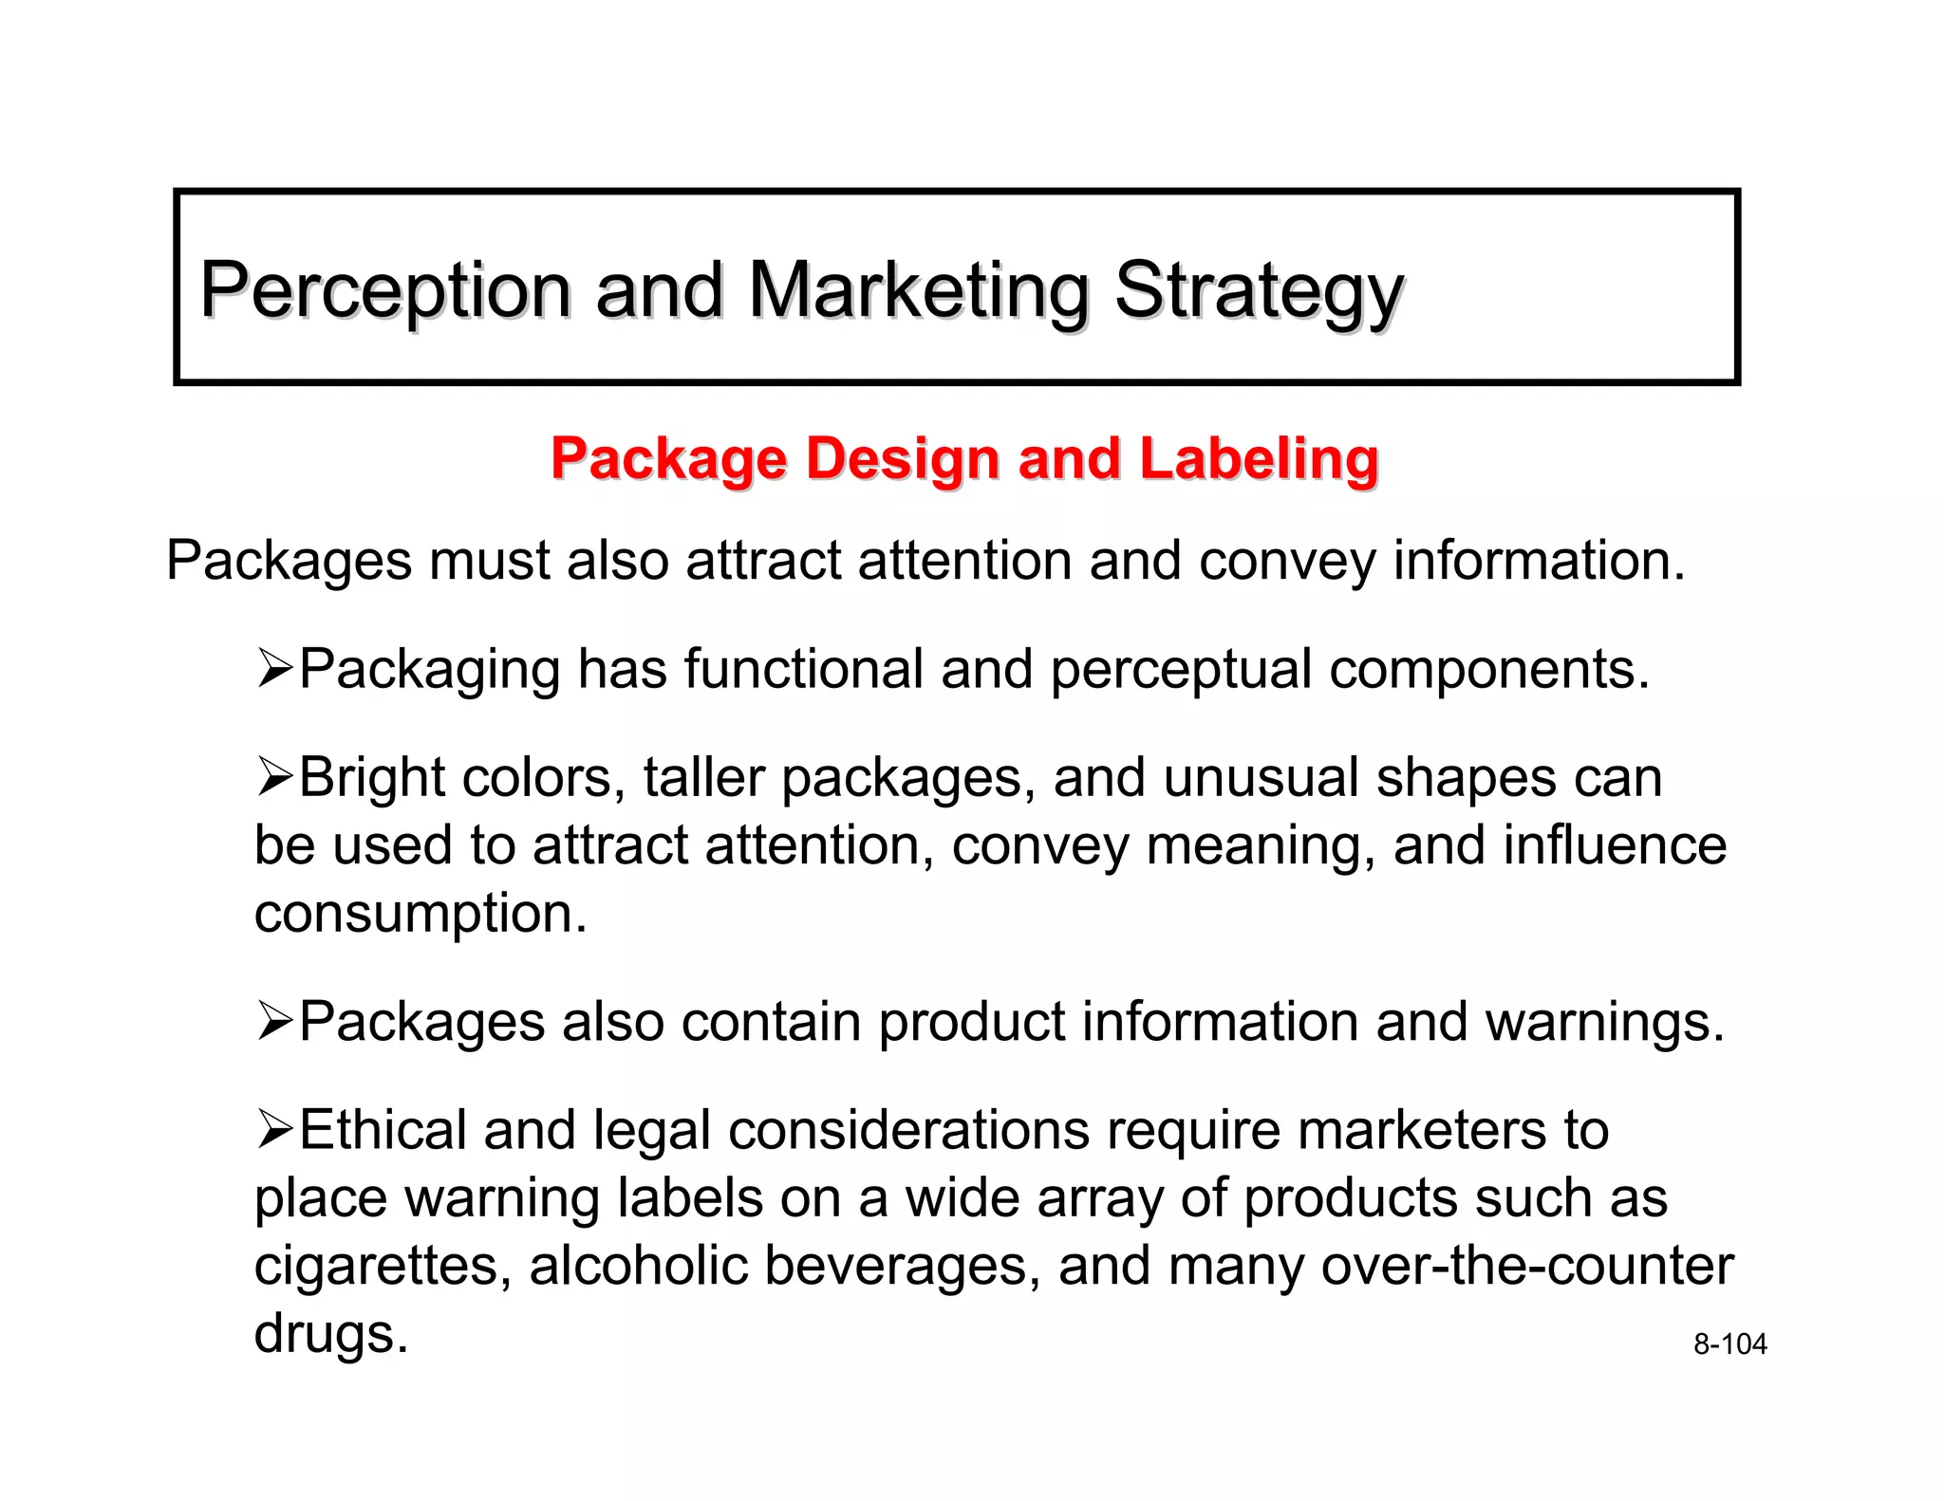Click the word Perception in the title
[x=385, y=290]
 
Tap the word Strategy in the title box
[x=1258, y=290]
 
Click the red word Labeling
[x=1259, y=459]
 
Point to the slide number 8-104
[x=1729, y=1344]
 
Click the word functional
[x=803, y=669]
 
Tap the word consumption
[x=421, y=913]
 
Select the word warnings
[x=1604, y=1022]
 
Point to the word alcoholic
[x=638, y=1266]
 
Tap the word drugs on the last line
[x=330, y=1333]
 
